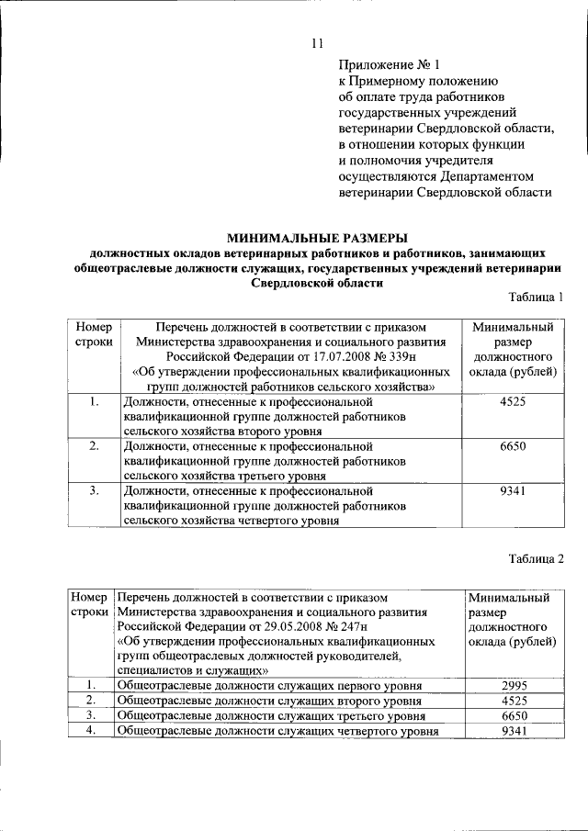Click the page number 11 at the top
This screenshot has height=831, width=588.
pyautogui.click(x=317, y=43)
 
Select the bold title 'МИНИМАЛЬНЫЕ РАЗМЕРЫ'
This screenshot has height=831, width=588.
pyautogui.click(x=317, y=236)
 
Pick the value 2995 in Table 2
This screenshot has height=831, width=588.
pyautogui.click(x=512, y=685)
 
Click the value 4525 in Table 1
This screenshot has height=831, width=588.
pyautogui.click(x=512, y=401)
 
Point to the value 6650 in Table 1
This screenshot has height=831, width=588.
pyautogui.click(x=512, y=445)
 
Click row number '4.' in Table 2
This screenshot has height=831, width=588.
pyautogui.click(x=91, y=730)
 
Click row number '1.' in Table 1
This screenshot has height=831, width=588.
pyautogui.click(x=95, y=401)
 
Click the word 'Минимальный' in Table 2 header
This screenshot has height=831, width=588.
pyautogui.click(x=509, y=597)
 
